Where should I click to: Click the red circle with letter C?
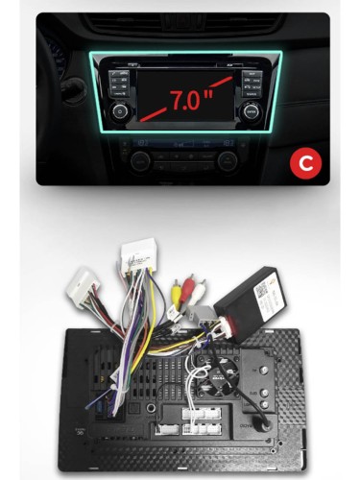point(305,164)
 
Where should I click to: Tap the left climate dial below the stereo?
point(140,158)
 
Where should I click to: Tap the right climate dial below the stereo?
point(228,158)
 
